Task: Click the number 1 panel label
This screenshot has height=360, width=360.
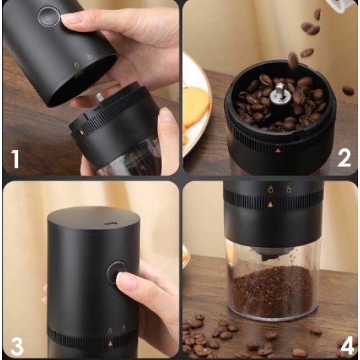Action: [15, 159]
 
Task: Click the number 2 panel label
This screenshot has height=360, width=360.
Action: [344, 158]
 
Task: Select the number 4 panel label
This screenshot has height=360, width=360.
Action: [347, 346]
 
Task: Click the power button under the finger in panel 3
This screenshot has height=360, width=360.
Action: [116, 272]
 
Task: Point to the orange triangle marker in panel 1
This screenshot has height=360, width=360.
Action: [81, 132]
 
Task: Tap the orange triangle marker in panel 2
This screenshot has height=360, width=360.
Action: [278, 150]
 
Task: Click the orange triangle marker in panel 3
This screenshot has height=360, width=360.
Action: [110, 343]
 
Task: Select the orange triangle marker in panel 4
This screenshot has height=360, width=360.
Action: [271, 204]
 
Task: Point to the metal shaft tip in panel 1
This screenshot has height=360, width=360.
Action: [99, 96]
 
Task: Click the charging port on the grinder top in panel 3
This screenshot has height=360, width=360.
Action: [110, 223]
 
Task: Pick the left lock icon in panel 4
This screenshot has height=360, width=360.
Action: [271, 189]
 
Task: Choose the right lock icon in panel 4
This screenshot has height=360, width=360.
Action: [289, 189]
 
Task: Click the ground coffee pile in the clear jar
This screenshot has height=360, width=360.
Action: [272, 290]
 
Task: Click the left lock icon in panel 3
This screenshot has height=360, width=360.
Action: [110, 331]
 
